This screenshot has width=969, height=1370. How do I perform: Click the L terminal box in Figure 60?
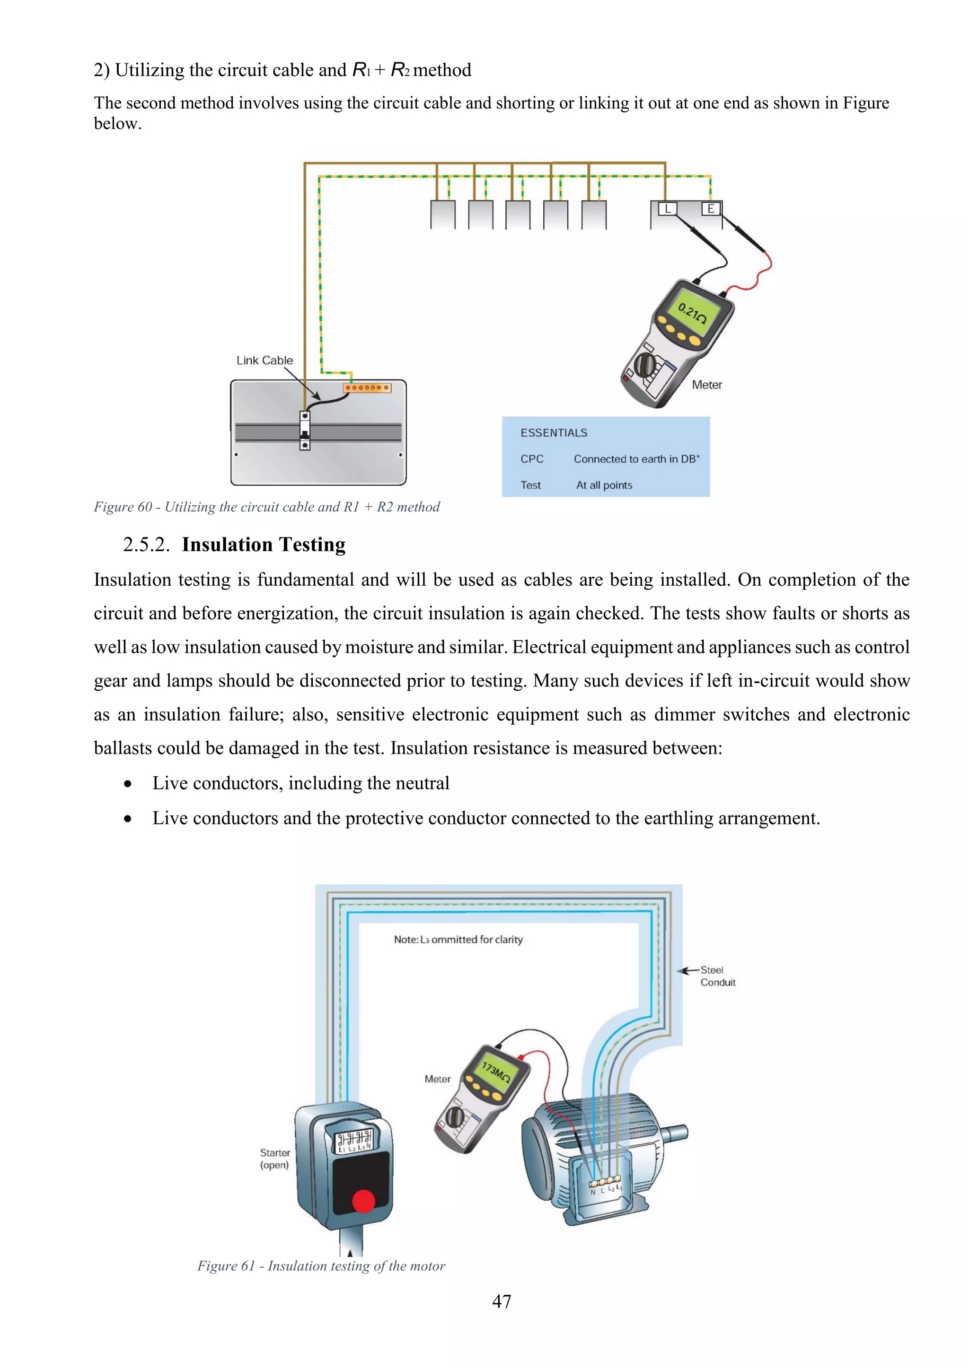pyautogui.click(x=667, y=209)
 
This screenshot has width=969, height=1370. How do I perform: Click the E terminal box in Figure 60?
pyautogui.click(x=710, y=209)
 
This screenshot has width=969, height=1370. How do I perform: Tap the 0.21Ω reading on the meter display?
pyautogui.click(x=692, y=313)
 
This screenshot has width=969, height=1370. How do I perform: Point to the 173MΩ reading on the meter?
pyautogui.click(x=496, y=1072)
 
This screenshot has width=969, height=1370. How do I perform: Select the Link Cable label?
pyautogui.click(x=264, y=360)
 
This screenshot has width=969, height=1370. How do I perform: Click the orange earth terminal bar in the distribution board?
pyautogui.click(x=366, y=388)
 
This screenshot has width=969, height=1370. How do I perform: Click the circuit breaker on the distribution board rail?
pyautogui.click(x=305, y=430)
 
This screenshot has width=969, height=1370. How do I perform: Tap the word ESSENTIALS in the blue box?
pyautogui.click(x=553, y=432)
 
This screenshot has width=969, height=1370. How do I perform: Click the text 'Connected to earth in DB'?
pyautogui.click(x=636, y=459)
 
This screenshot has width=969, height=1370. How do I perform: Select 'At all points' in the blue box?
pyautogui.click(x=604, y=485)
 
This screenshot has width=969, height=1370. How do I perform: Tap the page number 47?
pyautogui.click(x=501, y=1301)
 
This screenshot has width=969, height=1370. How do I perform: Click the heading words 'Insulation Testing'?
pyautogui.click(x=263, y=545)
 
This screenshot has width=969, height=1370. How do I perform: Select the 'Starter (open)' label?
pyautogui.click(x=274, y=1158)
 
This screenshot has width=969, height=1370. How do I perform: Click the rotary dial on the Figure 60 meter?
pyautogui.click(x=644, y=363)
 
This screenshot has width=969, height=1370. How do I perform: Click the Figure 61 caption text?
pyautogui.click(x=321, y=1265)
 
